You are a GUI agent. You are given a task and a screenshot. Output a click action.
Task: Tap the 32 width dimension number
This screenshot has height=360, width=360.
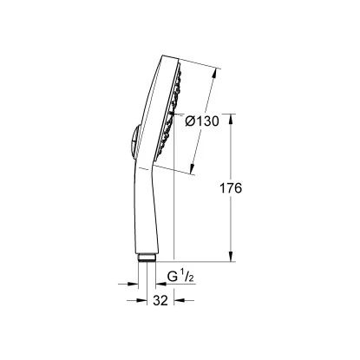(159, 300)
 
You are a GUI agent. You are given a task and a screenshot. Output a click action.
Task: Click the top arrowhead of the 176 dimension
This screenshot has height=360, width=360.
(230, 121)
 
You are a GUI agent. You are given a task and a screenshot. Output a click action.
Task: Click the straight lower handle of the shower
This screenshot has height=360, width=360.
(147, 217)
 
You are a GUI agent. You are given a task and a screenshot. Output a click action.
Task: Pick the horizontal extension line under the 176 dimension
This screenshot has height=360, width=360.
(200, 261)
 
